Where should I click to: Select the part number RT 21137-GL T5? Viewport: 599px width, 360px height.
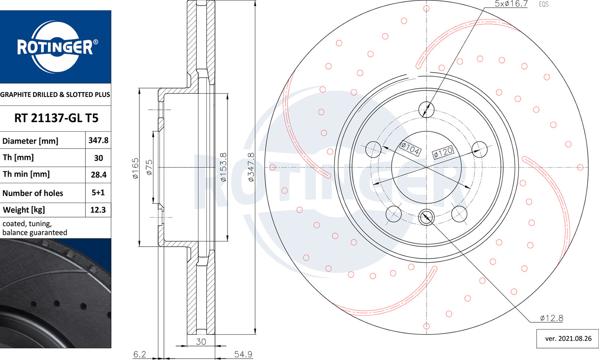(x=56, y=118)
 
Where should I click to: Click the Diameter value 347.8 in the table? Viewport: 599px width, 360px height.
(x=98, y=140)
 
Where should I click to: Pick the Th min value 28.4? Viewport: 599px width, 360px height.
(x=98, y=175)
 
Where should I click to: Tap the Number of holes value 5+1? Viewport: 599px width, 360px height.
(x=98, y=192)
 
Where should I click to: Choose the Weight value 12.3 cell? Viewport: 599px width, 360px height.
(x=98, y=210)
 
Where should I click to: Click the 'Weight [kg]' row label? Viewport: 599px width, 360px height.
(x=24, y=210)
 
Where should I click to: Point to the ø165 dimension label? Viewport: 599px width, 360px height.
(x=136, y=168)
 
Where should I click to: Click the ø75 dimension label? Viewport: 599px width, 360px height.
(x=149, y=167)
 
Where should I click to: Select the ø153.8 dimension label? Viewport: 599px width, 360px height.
(x=223, y=167)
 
